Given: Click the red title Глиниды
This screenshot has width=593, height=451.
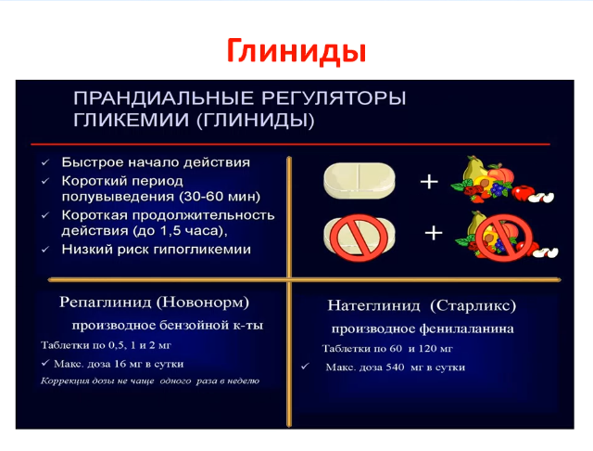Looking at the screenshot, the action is [x=296, y=51].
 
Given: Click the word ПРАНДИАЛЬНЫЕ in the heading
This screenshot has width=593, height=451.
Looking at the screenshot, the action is [x=163, y=98].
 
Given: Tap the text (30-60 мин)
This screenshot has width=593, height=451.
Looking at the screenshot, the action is [x=220, y=197].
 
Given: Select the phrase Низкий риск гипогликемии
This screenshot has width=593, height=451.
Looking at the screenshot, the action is [x=157, y=250].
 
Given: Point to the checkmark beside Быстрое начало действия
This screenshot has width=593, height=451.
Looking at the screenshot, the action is [x=45, y=162].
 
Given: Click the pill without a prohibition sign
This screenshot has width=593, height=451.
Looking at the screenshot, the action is [x=360, y=180].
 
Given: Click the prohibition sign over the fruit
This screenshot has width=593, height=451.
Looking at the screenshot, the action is [x=504, y=238].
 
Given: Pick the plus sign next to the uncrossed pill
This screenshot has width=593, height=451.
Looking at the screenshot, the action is [x=429, y=182].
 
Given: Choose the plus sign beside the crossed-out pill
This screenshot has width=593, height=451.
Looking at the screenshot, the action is [x=434, y=233].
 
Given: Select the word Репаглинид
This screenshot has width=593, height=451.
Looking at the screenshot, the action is [x=105, y=303].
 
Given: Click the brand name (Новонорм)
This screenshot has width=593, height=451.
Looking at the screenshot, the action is [x=202, y=303].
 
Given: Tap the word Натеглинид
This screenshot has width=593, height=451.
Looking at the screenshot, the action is [x=373, y=305].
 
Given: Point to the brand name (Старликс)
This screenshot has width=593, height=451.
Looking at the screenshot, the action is [x=473, y=305].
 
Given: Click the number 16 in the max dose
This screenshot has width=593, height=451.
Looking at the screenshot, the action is [x=120, y=364].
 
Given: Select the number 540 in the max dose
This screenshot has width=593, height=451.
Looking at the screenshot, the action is [x=395, y=367].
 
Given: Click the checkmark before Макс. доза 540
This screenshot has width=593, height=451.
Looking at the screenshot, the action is [x=305, y=367].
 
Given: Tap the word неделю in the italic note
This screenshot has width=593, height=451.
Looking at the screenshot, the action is [x=245, y=380].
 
